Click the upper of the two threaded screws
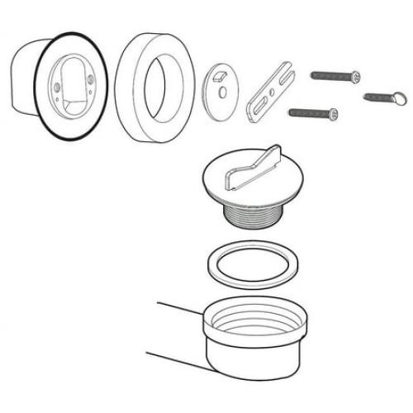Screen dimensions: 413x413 click(x=335, y=76)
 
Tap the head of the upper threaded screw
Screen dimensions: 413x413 click(x=354, y=76)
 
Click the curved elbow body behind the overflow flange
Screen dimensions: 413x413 click(x=21, y=78)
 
